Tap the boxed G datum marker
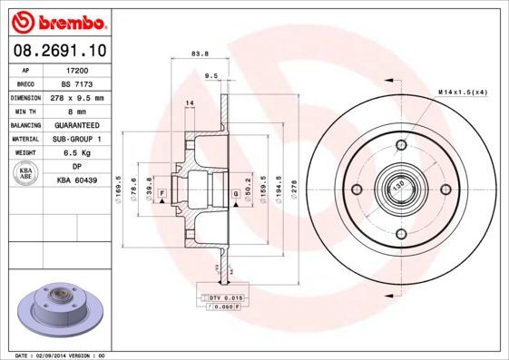click(235, 193)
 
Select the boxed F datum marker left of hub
click(162, 193)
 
